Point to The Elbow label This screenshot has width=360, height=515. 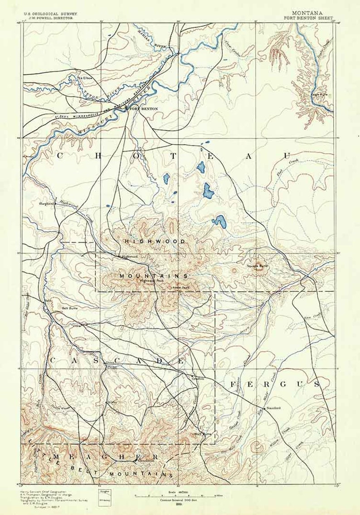85,78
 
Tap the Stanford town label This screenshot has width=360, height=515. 274,408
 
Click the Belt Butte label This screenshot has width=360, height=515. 69,308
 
